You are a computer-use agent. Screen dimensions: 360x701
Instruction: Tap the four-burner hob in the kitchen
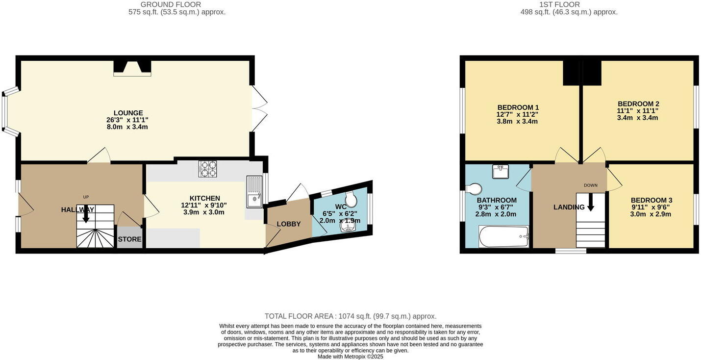(x=207, y=169)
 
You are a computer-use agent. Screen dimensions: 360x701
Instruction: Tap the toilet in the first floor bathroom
(x=474, y=189)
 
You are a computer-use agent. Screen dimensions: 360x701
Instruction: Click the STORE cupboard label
(x=129, y=239)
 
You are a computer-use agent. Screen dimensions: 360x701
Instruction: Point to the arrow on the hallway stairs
(x=86, y=214)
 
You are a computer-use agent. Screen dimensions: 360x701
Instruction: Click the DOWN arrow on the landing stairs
(x=590, y=203)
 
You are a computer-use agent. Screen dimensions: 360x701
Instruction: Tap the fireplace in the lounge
(x=132, y=68)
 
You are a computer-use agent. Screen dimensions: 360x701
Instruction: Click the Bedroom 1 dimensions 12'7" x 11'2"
(x=517, y=114)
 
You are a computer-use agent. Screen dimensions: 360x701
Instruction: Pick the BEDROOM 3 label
(x=651, y=200)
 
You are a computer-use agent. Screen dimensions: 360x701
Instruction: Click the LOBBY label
(x=288, y=224)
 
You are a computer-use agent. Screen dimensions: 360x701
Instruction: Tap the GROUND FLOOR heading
(x=171, y=4)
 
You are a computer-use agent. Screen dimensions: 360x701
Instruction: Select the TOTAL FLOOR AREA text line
(x=350, y=316)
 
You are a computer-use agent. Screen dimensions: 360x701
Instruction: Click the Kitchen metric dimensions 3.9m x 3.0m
(x=204, y=212)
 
